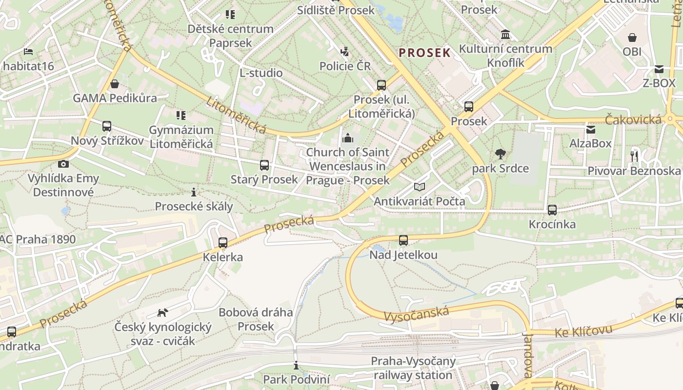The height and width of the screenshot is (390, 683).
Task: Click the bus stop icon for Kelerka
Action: [x=223, y=242]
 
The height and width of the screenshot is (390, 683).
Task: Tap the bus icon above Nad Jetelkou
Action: [x=403, y=240]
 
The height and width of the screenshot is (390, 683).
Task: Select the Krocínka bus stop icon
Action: [x=552, y=210]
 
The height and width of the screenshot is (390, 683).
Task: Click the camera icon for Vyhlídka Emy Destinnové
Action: [x=63, y=164]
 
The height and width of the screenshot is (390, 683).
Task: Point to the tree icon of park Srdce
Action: [x=500, y=155]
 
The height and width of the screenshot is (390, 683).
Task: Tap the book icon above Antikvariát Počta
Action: [x=420, y=187]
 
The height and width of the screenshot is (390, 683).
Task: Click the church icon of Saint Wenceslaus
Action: [x=348, y=138]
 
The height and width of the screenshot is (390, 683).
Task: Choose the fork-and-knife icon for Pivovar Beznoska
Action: [x=634, y=156]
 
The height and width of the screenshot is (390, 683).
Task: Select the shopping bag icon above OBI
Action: [x=632, y=37]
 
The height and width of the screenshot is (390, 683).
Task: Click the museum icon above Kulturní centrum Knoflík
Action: [x=505, y=35]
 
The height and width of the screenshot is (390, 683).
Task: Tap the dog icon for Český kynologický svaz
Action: [x=163, y=312]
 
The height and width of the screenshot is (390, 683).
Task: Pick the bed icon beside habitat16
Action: [x=28, y=51]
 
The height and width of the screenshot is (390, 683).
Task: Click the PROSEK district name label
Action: [x=424, y=53]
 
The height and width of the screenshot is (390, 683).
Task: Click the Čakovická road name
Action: [x=633, y=119]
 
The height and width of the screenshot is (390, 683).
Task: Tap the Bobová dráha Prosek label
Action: [x=256, y=319]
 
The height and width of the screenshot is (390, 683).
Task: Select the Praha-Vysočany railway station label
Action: [x=413, y=368]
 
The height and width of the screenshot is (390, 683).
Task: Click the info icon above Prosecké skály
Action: [x=194, y=192]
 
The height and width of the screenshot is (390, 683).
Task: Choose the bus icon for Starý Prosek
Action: [x=264, y=165]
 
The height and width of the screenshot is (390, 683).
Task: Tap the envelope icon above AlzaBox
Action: [x=591, y=129]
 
